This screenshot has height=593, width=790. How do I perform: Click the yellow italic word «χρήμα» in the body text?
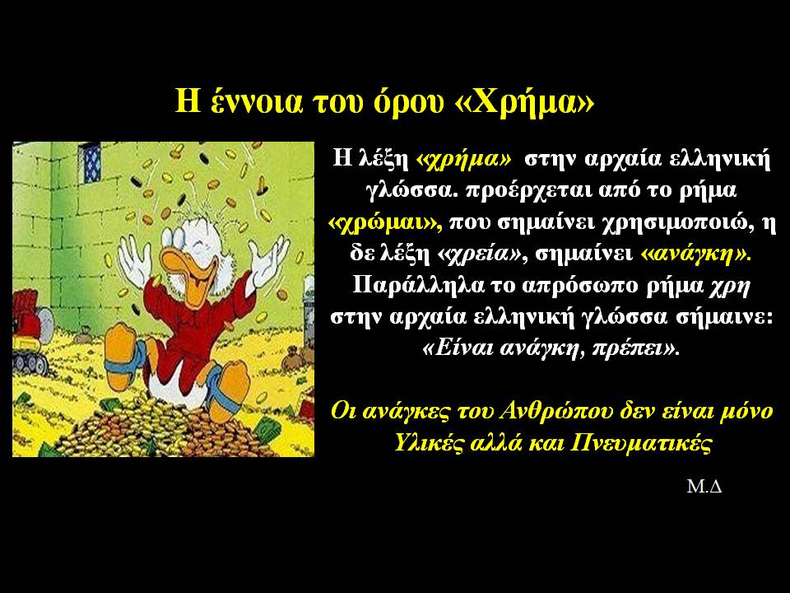pyautogui.click(x=463, y=160)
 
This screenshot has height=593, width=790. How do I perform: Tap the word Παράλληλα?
pyautogui.click(x=416, y=287)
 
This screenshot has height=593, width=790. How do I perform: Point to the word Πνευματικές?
pyautogui.click(x=641, y=444)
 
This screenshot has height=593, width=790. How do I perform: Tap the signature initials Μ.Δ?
pyautogui.click(x=704, y=487)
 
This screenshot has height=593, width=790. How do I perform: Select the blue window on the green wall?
pyautogui.click(x=91, y=162)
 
